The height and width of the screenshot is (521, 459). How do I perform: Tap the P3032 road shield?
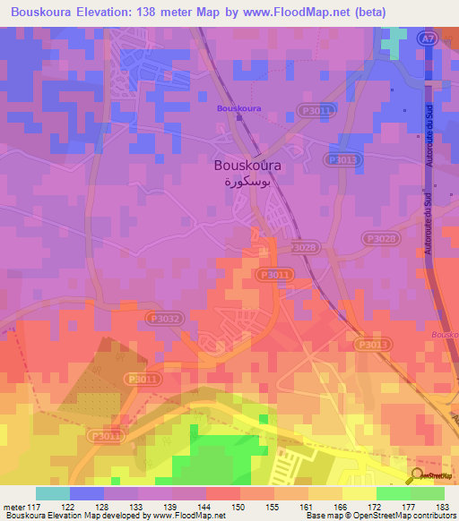click(x=163, y=317)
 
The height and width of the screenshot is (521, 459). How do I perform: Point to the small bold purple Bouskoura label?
click(x=238, y=108)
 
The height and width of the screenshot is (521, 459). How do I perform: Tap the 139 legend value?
click(x=172, y=507)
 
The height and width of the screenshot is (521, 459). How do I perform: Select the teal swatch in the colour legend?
click(x=53, y=493)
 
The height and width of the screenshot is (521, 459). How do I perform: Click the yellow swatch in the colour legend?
click(x=359, y=493)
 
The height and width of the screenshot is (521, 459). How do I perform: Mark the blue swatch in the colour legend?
click(x=87, y=493)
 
